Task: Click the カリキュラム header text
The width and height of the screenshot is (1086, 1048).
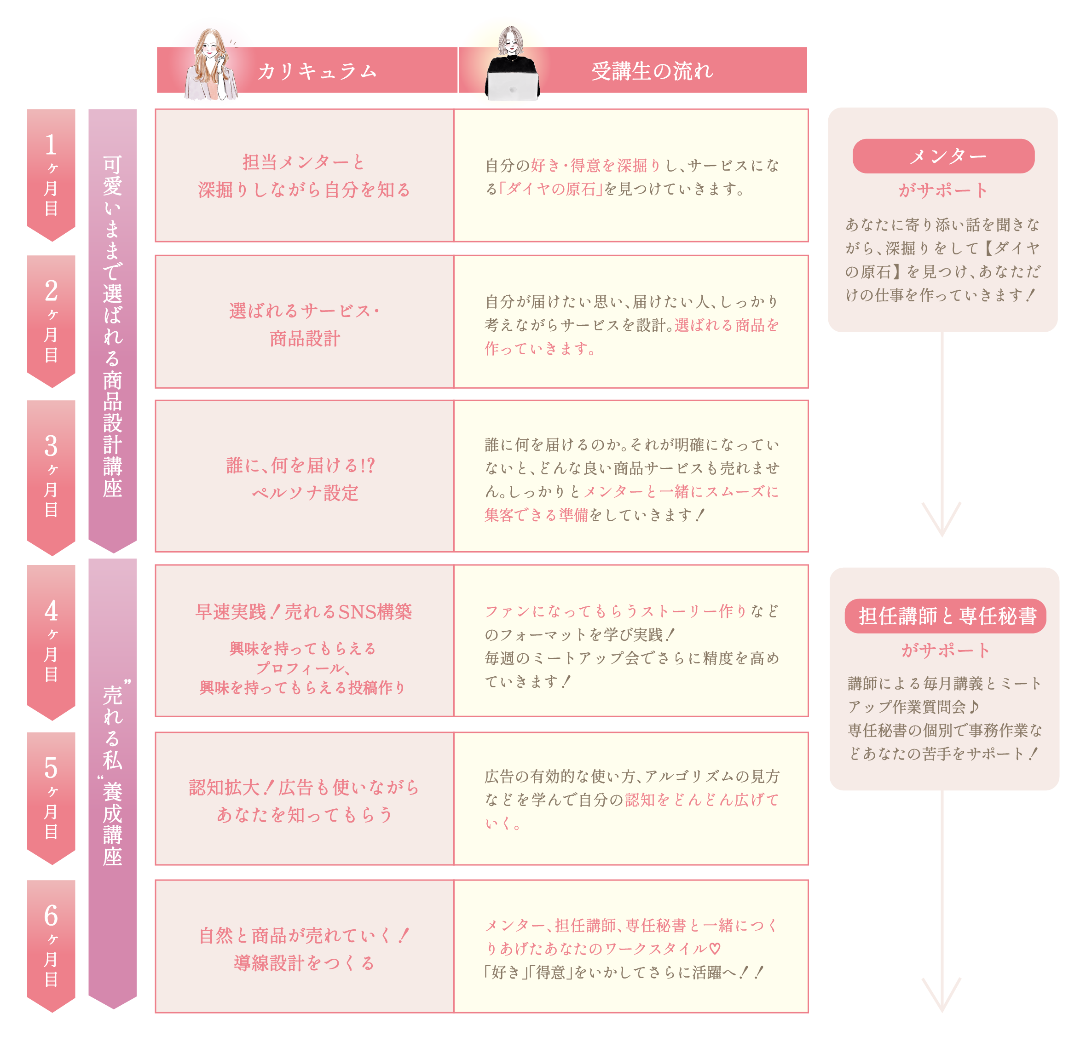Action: coord(317,71)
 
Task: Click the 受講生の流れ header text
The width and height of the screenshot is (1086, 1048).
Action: coord(652,71)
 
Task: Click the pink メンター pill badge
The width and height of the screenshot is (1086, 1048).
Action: coord(943,156)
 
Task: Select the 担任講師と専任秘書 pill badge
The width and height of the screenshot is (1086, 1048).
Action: coord(945,616)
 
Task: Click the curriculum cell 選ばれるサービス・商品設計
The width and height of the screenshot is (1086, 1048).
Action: coord(304,324)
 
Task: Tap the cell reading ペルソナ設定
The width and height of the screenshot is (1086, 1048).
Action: coord(304,492)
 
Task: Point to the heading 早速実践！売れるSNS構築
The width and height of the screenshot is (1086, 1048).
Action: coord(304,611)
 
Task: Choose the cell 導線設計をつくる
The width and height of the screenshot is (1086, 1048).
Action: coord(304,963)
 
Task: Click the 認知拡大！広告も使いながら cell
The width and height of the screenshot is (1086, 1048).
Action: coord(304,787)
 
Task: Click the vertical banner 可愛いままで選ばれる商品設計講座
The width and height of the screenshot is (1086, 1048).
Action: coord(112,327)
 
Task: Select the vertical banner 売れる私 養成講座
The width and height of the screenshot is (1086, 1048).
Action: coord(112,776)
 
